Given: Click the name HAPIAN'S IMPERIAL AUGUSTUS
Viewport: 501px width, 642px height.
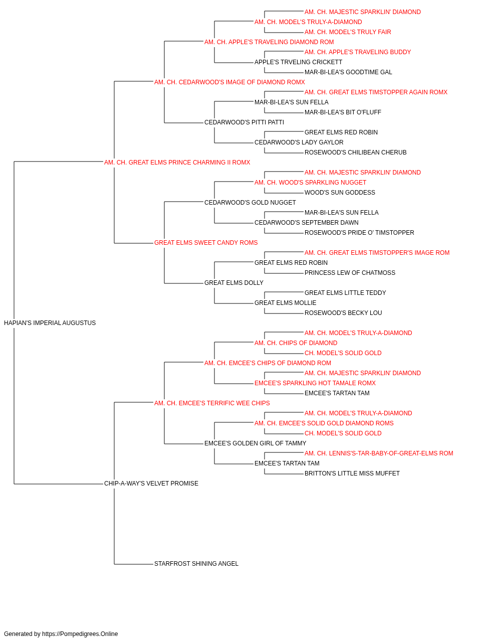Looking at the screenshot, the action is pyautogui.click(x=50, y=323).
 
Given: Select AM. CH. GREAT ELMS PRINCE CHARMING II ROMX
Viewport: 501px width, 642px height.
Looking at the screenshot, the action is pyautogui.click(x=177, y=163).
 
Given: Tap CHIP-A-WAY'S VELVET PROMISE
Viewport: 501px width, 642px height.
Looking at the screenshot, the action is pyautogui.click(x=151, y=484).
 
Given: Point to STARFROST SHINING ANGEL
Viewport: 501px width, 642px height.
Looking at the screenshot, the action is pyautogui.click(x=196, y=564).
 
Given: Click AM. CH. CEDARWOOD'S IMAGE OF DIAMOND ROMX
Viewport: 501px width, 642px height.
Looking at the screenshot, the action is pyautogui.click(x=229, y=82).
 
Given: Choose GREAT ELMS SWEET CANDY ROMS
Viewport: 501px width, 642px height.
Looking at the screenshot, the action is pyautogui.click(x=206, y=243).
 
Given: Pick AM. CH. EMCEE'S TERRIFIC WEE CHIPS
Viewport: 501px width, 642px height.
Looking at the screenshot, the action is pyautogui.click(x=212, y=403).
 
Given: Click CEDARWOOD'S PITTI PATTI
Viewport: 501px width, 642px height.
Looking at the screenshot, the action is pyautogui.click(x=244, y=122).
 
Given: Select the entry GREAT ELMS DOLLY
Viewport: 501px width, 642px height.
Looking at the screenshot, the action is pyautogui.click(x=233, y=283).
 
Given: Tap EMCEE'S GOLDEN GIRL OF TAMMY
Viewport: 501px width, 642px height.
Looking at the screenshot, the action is pyautogui.click(x=255, y=443).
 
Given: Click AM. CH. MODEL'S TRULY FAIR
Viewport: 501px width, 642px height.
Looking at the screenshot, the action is pyautogui.click(x=348, y=32).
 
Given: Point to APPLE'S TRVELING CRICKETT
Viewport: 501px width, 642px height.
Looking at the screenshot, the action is pyautogui.click(x=298, y=62).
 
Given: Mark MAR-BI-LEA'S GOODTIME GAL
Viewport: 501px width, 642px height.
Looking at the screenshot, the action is pyautogui.click(x=348, y=72).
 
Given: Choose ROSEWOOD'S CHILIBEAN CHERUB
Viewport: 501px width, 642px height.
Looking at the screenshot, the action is pyautogui.click(x=356, y=152).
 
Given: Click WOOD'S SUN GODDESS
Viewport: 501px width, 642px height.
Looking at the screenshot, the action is pyautogui.click(x=340, y=193).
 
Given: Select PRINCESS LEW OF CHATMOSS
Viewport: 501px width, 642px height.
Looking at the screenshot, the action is pyautogui.click(x=350, y=273).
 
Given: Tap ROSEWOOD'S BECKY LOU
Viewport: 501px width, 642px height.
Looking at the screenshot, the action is pyautogui.click(x=343, y=313).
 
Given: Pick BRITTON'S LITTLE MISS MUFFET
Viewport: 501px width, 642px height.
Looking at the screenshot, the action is pyautogui.click(x=352, y=473).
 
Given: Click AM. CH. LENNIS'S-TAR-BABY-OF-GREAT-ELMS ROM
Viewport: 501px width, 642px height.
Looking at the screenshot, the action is pyautogui.click(x=379, y=453).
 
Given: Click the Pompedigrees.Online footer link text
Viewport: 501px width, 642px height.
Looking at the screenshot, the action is pyautogui.click(x=80, y=634).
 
